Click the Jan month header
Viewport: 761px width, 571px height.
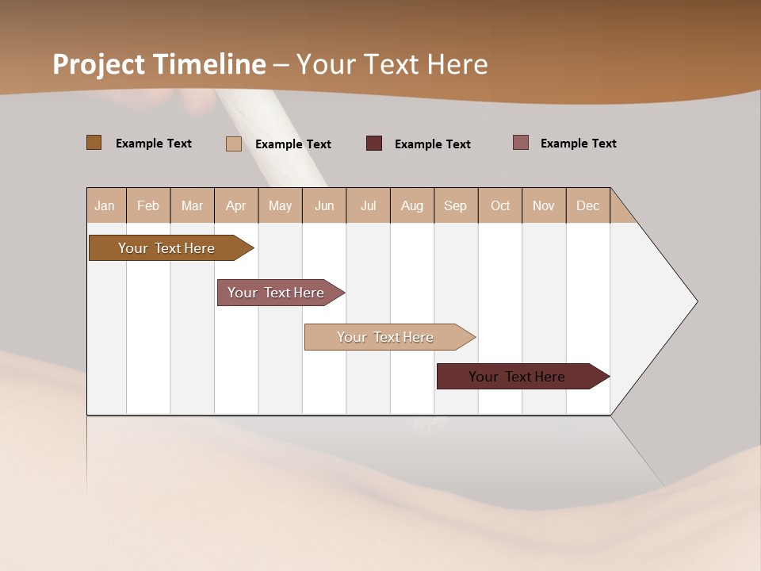[105, 205]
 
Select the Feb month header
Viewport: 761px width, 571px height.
[148, 205]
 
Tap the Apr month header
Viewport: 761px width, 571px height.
[236, 205]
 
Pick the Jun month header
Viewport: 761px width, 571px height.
[324, 205]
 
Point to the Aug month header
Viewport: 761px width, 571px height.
[412, 205]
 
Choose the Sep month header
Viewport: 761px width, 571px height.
[456, 205]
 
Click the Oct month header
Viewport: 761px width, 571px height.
[500, 205]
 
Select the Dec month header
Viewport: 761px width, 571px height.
[588, 205]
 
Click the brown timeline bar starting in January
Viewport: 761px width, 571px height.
[166, 248]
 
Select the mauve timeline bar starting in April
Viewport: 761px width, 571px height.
[276, 293]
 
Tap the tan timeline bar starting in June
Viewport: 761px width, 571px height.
[385, 337]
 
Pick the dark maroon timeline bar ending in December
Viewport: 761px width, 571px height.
[517, 377]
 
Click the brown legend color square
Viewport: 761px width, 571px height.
[94, 143]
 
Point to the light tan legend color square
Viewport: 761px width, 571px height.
[234, 144]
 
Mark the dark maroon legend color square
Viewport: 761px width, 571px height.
[374, 144]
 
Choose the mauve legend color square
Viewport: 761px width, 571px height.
[521, 143]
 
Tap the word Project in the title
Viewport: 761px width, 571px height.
[99, 64]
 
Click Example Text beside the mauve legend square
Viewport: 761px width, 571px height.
[578, 144]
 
